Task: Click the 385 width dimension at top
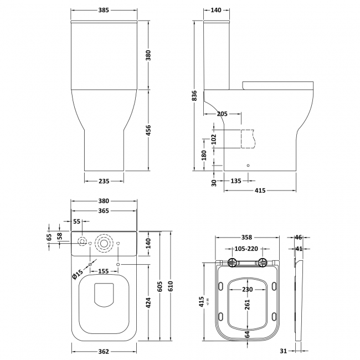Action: tap(104, 11)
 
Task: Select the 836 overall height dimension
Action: tap(193, 96)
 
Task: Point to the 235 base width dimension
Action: tap(104, 181)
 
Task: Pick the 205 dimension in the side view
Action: tap(222, 114)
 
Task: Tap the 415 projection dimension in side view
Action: tap(260, 191)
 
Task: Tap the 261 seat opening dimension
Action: tap(247, 305)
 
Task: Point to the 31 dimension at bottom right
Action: tap(282, 351)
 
